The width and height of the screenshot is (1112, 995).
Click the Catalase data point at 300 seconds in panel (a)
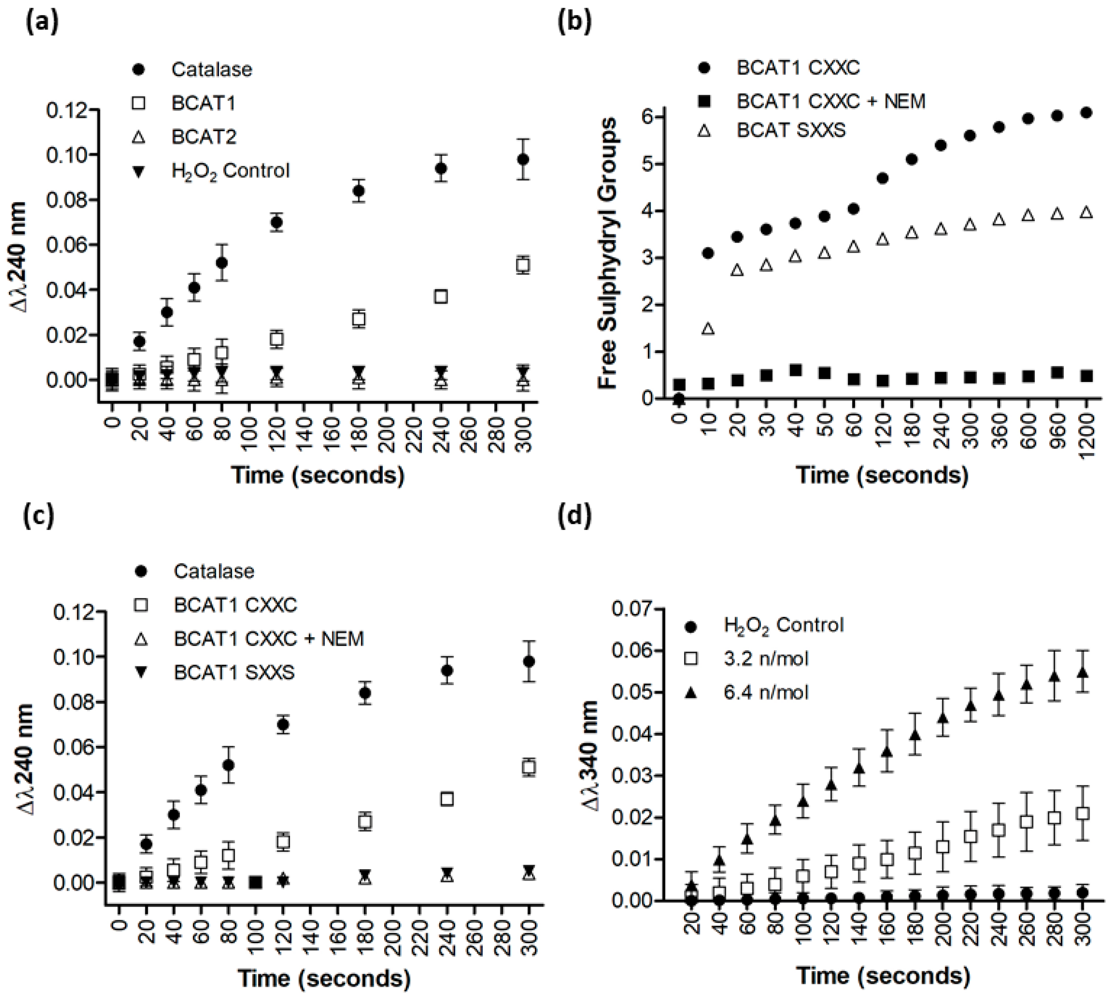(523, 159)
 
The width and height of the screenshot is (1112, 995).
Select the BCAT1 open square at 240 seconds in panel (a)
(441, 296)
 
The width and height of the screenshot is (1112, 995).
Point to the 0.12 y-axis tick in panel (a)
(67, 111)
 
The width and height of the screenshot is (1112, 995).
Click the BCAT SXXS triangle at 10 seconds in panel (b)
(708, 329)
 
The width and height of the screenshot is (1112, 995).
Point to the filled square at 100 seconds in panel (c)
(255, 882)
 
